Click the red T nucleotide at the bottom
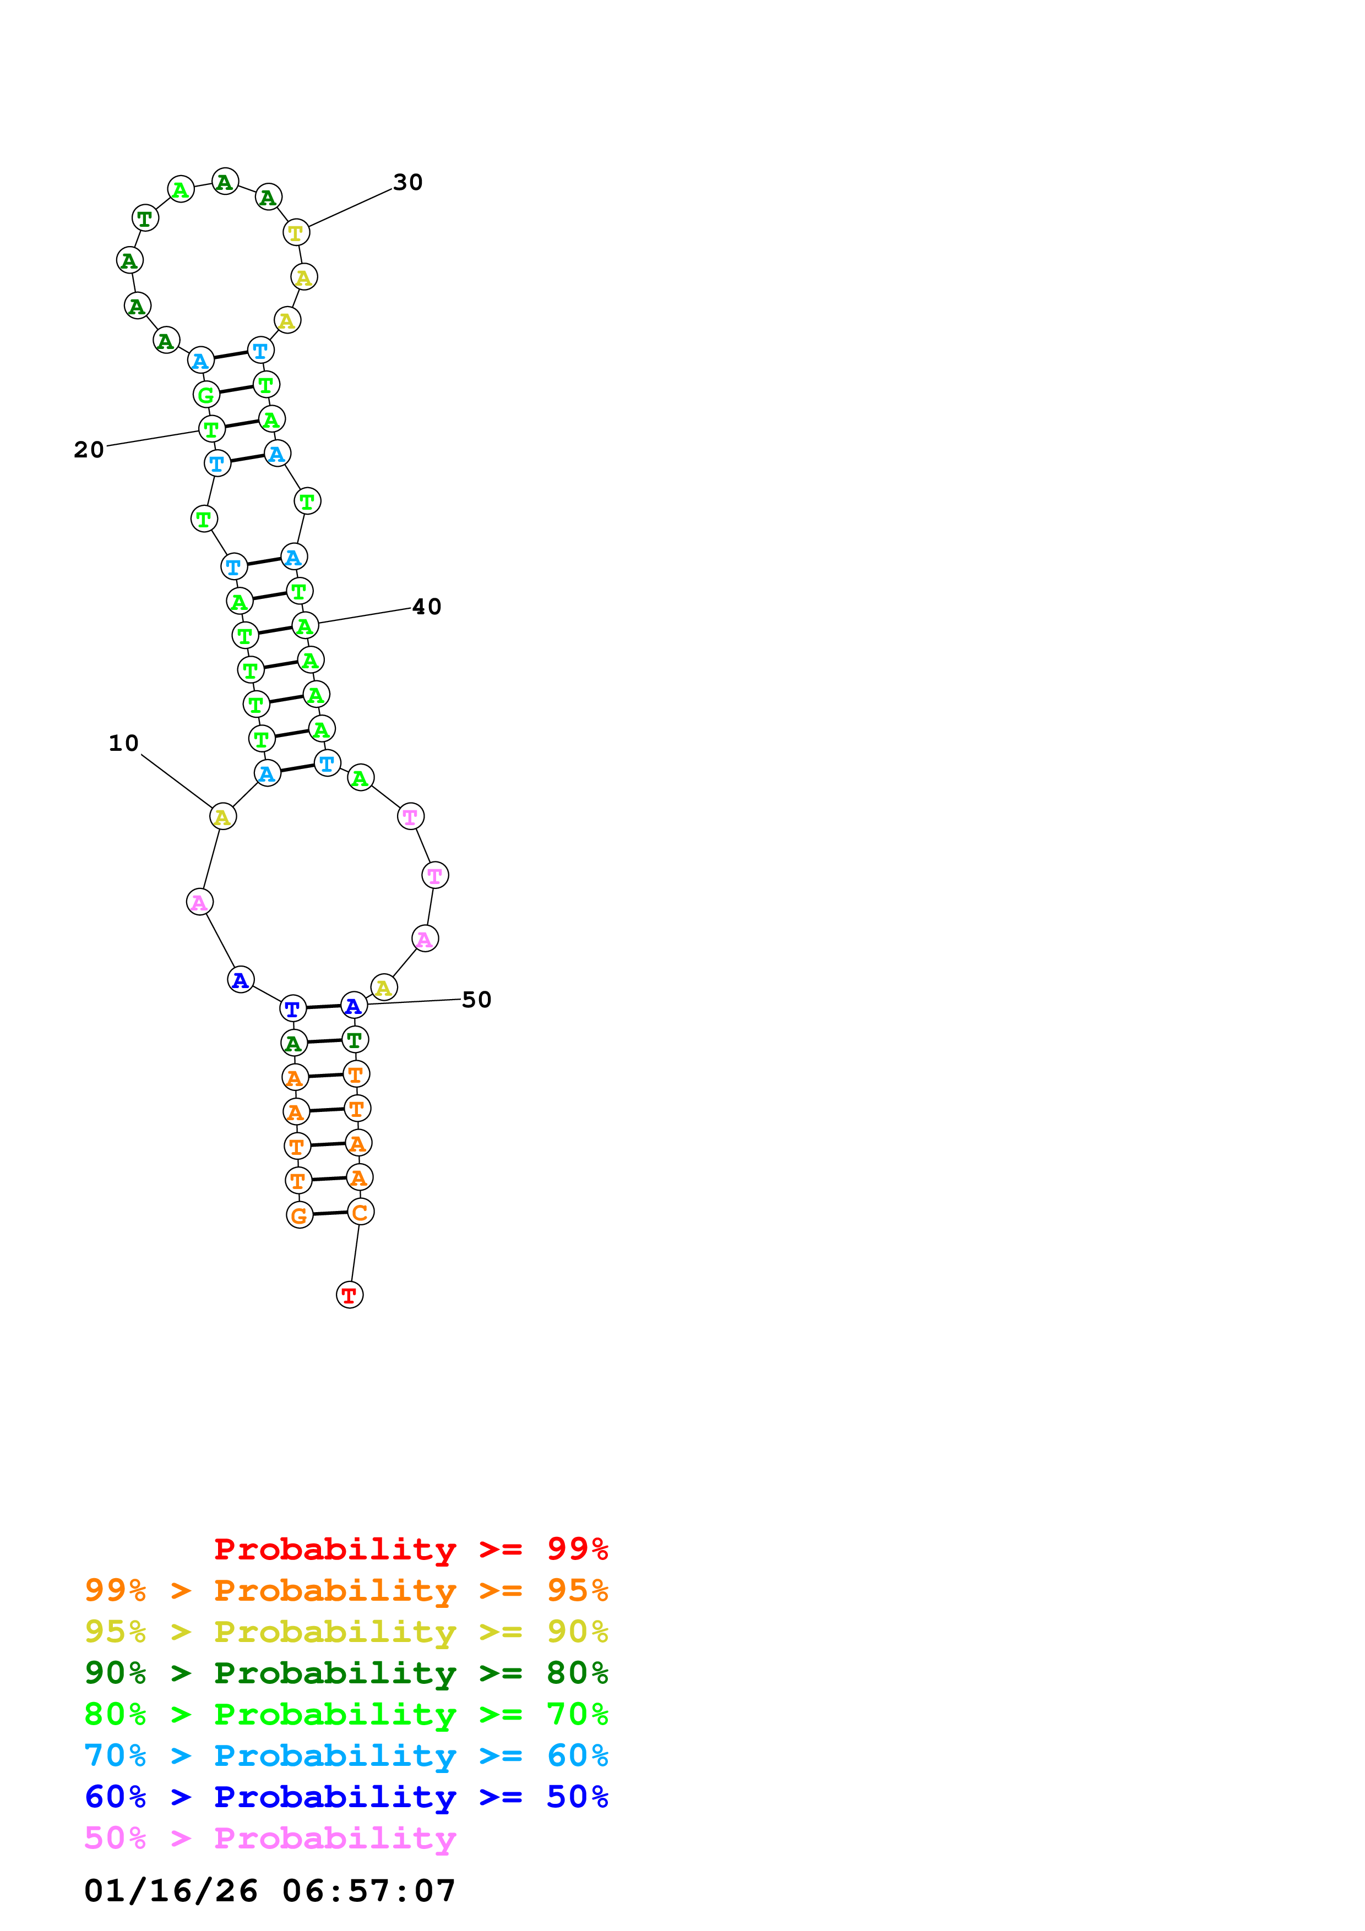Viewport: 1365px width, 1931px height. tap(349, 1294)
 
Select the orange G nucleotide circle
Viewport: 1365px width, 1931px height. tap(300, 1214)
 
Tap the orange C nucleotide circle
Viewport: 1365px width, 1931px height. tap(360, 1211)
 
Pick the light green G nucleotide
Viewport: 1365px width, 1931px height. tap(206, 395)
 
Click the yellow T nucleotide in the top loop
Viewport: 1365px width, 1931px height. tap(296, 232)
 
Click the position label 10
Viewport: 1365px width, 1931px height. tap(124, 743)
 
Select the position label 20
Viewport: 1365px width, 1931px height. tap(89, 450)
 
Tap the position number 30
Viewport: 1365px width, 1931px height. tap(408, 183)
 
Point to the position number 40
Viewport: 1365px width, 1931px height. tap(426, 607)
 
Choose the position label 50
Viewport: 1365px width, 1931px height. tap(476, 999)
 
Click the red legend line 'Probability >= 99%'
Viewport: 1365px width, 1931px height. tap(410, 1549)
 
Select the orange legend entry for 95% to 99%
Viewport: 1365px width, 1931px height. tap(346, 1590)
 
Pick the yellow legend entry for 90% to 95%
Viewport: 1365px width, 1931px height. tap(346, 1632)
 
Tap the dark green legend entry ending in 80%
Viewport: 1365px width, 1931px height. tap(346, 1673)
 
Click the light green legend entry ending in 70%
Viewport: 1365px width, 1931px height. tap(346, 1714)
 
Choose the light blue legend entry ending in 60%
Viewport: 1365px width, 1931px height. tap(346, 1755)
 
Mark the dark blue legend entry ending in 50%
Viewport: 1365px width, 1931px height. tap(346, 1797)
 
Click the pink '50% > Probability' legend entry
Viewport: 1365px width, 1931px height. tap(270, 1837)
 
